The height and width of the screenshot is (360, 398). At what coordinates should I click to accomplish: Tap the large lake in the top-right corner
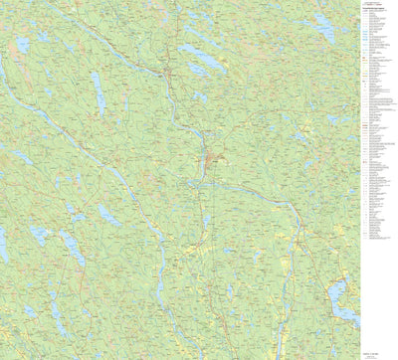point(324,27)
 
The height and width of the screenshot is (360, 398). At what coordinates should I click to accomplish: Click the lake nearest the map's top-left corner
point(22,44)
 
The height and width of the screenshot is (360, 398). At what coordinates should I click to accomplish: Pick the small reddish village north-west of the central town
point(170,74)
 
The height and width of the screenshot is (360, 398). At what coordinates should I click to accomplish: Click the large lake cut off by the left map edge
point(4,244)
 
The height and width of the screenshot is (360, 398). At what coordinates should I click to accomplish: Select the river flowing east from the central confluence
point(249,189)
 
